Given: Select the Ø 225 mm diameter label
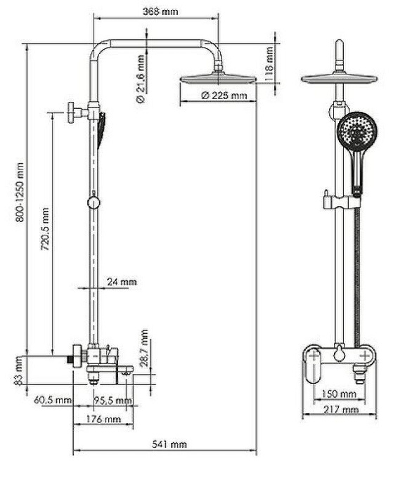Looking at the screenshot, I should coord(224,96).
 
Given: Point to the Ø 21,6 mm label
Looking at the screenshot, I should coord(141,79).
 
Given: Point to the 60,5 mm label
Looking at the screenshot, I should coord(53,401).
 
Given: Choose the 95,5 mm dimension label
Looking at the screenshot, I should coord(112,401).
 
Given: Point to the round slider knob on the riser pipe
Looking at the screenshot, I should coord(92,202).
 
